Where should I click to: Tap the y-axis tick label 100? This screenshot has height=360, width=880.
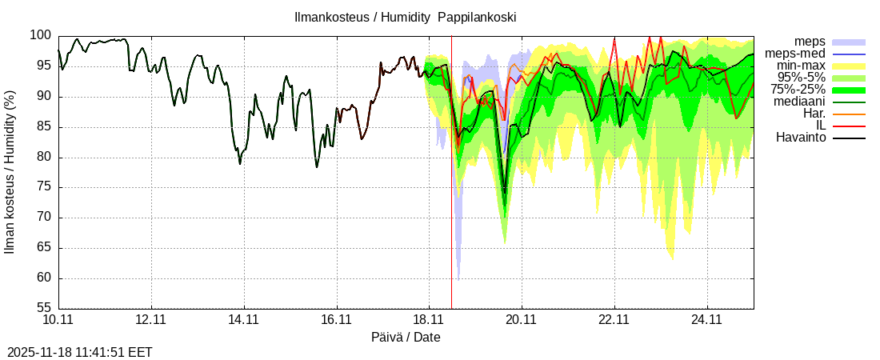[40, 36]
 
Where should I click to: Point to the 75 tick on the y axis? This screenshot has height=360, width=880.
[43, 187]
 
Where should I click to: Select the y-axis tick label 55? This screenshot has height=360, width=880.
[43, 308]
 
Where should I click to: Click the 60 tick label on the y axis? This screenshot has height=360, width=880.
[43, 278]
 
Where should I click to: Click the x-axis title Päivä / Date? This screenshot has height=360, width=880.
[406, 338]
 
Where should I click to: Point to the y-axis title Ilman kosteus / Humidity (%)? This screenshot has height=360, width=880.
[10, 172]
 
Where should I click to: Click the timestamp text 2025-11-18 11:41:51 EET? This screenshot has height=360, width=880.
[79, 352]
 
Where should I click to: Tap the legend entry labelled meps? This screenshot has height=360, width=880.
[810, 42]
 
